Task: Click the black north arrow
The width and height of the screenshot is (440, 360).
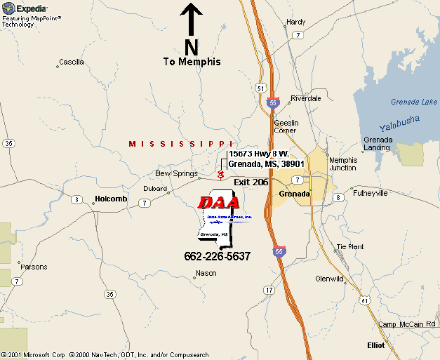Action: pyautogui.click(x=192, y=19)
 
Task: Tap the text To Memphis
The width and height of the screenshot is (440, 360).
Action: pyautogui.click(x=192, y=62)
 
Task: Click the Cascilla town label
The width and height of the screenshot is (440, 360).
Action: pyautogui.click(x=72, y=62)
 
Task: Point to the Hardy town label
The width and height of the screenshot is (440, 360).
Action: pyautogui.click(x=296, y=22)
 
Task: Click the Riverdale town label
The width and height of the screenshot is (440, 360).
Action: pyautogui.click(x=306, y=98)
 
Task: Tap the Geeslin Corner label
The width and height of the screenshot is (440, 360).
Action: pyautogui.click(x=286, y=126)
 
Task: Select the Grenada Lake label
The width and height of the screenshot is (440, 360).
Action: pyautogui.click(x=414, y=102)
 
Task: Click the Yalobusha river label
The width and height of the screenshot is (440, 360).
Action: pyautogui.click(x=399, y=124)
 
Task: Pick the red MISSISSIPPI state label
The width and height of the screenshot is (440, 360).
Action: pyautogui.click(x=180, y=144)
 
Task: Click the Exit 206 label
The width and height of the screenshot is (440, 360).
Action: pyautogui.click(x=251, y=182)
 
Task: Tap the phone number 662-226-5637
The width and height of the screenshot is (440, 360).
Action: pyautogui.click(x=218, y=256)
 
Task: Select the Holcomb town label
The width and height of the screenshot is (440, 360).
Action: pyautogui.click(x=111, y=199)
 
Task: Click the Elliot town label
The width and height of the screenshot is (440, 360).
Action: pyautogui.click(x=376, y=345)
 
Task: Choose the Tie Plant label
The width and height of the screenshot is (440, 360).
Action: pyautogui.click(x=350, y=247)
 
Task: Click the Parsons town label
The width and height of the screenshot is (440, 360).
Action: pyautogui.click(x=34, y=267)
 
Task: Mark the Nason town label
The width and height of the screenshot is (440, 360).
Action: pyautogui.click(x=206, y=273)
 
